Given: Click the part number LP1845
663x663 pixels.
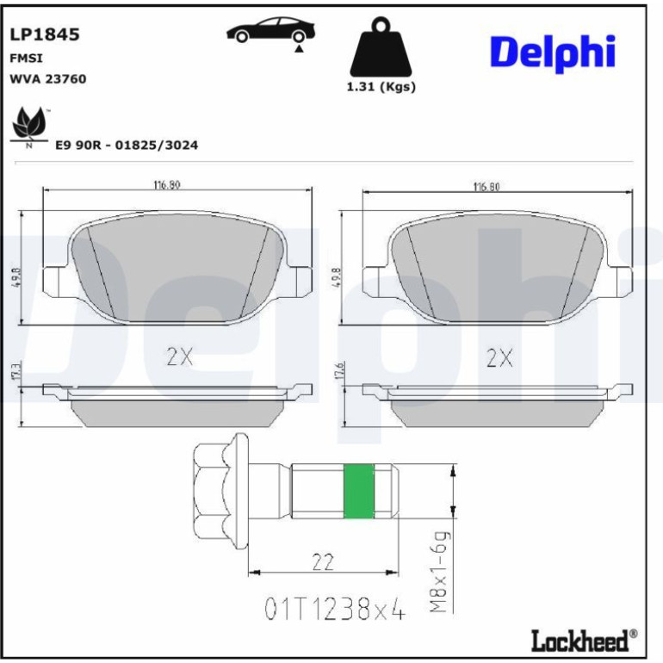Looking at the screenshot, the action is pyautogui.click(x=45, y=34).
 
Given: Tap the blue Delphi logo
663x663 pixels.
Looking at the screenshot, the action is pyautogui.click(x=552, y=53).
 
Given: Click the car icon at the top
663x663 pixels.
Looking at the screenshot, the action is pyautogui.click(x=270, y=30).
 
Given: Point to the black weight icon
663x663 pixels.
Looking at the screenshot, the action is pyautogui.click(x=381, y=46).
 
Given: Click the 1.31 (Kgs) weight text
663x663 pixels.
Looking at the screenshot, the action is pyautogui.click(x=381, y=87).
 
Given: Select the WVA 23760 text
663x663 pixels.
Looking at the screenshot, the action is pyautogui.click(x=47, y=79).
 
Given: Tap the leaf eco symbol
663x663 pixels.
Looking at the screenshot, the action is pyautogui.click(x=29, y=123).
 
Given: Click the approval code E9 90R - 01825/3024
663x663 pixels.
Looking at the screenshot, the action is pyautogui.click(x=127, y=145).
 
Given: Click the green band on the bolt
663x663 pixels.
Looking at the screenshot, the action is pyautogui.click(x=358, y=491).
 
